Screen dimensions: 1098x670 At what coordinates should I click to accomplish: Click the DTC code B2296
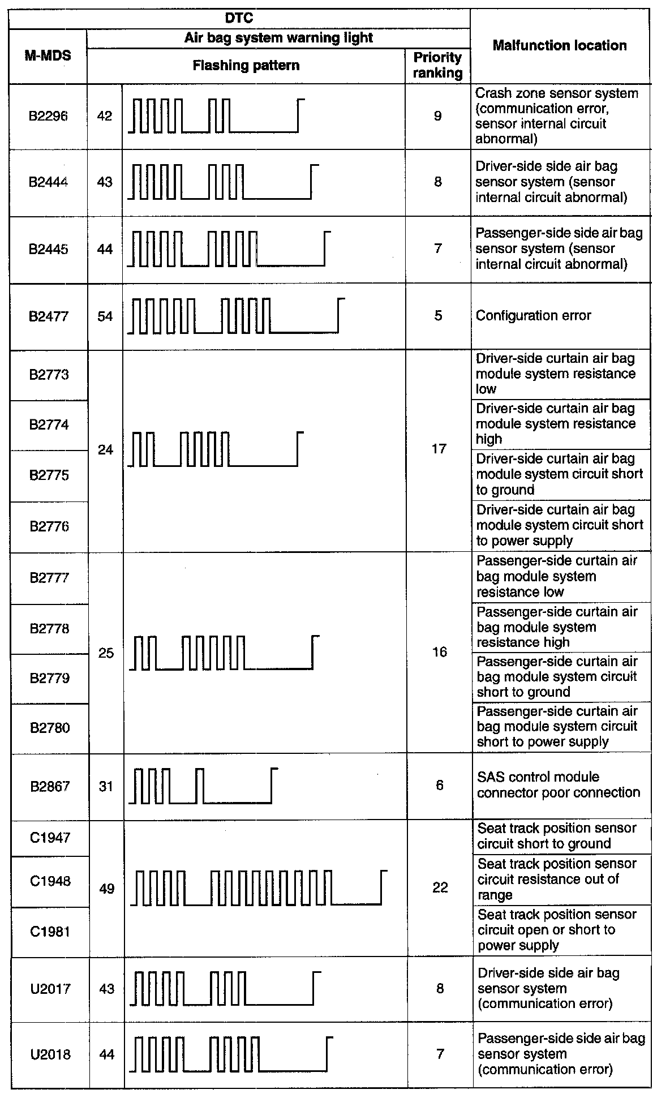48,117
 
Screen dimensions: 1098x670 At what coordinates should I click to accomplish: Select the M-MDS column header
48,55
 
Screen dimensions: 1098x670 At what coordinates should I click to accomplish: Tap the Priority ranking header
437,65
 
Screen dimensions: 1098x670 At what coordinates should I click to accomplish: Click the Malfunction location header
560,46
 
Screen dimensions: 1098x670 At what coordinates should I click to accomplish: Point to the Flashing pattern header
246,66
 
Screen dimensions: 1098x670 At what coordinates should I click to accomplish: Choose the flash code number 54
105,316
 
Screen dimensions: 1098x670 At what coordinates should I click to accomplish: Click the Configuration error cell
533,316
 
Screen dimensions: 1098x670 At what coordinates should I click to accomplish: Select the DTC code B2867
50,786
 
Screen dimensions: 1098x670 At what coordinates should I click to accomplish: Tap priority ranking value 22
440,887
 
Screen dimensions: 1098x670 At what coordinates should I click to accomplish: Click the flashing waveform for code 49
259,887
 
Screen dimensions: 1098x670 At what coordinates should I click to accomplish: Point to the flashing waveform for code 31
203,786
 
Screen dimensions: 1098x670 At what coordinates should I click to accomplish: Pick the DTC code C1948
50,881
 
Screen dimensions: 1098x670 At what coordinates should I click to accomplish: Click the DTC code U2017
50,989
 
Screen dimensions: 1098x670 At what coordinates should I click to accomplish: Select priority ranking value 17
439,449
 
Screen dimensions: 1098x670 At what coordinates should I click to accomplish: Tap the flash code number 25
106,653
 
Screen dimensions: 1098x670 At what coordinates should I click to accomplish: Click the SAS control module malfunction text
558,785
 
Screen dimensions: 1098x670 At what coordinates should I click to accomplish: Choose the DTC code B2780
50,728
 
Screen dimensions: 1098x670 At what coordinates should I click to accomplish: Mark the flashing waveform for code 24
216,449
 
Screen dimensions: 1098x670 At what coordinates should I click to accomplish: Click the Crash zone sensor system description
557,116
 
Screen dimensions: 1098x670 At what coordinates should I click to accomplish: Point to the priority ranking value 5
438,316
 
